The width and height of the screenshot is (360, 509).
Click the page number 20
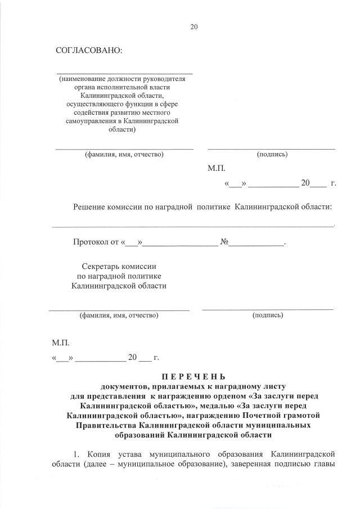click(194, 26)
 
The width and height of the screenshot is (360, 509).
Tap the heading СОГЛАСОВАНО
click(89, 51)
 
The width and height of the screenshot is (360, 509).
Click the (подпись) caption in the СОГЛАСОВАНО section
click(272, 154)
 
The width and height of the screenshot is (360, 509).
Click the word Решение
click(91, 207)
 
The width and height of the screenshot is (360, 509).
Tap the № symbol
click(223, 243)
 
